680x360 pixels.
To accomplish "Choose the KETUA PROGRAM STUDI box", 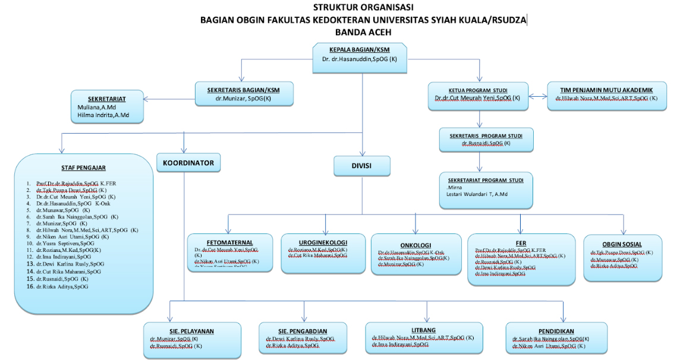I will coord(478,95).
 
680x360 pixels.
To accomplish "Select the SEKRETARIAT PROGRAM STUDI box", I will coord(486,190).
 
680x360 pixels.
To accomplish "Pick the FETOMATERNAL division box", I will coord(229,252).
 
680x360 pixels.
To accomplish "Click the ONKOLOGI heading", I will coord(415,245).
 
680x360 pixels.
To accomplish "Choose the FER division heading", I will coord(521,242).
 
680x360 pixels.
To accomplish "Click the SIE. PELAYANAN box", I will coord(192,340).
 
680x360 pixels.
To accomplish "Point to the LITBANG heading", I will coord(423,330).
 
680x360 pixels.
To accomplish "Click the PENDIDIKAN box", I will coord(556,339).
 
